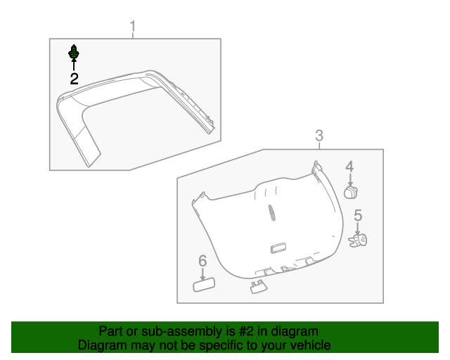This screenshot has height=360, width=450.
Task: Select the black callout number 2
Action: click(74, 79)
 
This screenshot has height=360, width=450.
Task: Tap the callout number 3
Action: click(319, 136)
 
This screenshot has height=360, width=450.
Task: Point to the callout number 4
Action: click(349, 167)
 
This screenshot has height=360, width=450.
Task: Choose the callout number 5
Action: click(357, 216)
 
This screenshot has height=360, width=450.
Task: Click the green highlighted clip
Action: click(73, 52)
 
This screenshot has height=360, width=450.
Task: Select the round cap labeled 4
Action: click(351, 191)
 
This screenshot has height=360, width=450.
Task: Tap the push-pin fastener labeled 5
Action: click(359, 241)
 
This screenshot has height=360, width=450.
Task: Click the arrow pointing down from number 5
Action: click(357, 228)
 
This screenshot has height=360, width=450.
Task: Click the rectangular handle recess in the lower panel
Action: click(278, 247)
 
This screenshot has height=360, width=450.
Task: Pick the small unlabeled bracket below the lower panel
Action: click(257, 285)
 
